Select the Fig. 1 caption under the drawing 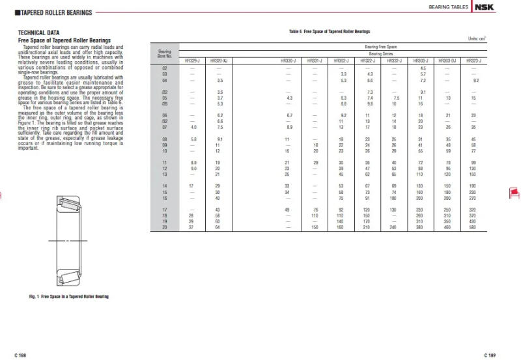68,296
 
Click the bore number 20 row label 164,227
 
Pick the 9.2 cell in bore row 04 476,80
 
